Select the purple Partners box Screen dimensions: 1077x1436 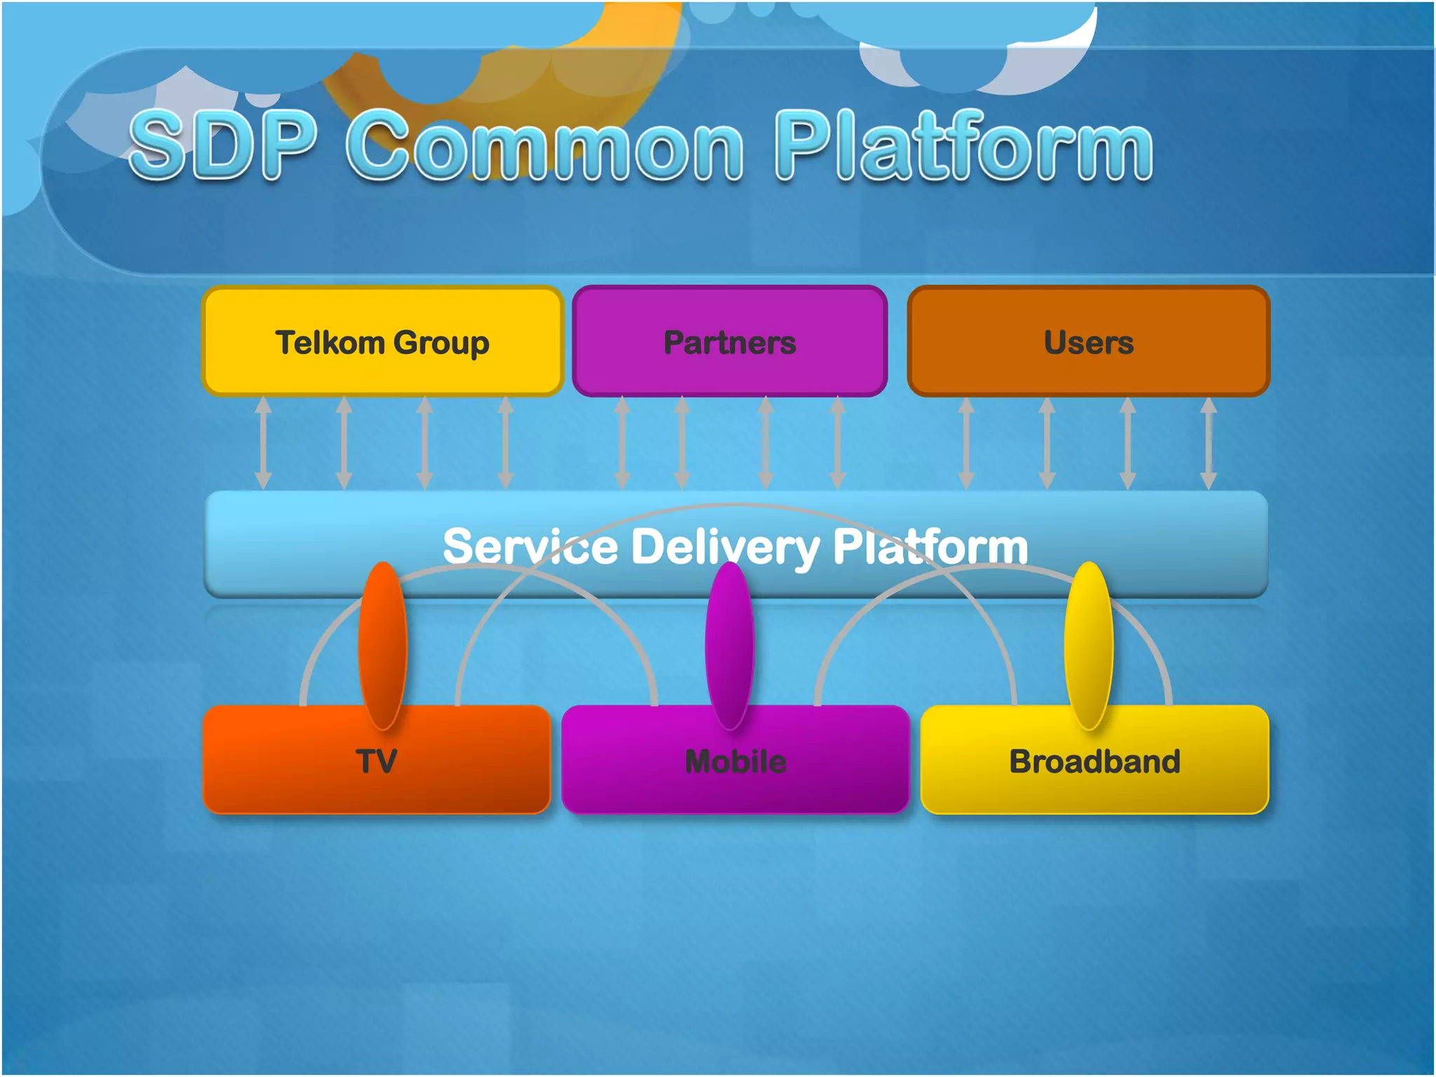tap(729, 342)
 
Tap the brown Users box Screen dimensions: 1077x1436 tap(1088, 342)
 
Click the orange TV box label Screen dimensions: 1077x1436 tap(377, 761)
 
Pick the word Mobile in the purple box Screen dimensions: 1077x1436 tap(736, 761)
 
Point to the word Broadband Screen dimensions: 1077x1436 tap(1095, 761)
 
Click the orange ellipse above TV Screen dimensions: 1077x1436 tap(382, 645)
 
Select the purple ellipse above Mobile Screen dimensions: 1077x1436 tap(729, 645)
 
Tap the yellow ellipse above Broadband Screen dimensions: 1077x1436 tap(1088, 645)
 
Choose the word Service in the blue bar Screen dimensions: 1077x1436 tap(530, 547)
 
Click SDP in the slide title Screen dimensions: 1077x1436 tap(223, 146)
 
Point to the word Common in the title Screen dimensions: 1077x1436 tap(544, 146)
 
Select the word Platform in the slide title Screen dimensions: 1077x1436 tap(963, 146)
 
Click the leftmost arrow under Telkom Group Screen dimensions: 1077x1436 tap(263, 442)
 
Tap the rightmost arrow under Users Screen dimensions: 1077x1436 tap(1208, 442)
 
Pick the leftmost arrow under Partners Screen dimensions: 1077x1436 tap(622, 442)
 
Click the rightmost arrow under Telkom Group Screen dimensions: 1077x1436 tap(506, 442)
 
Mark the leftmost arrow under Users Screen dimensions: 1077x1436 tap(966, 442)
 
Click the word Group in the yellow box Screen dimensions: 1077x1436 tap(441, 344)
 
